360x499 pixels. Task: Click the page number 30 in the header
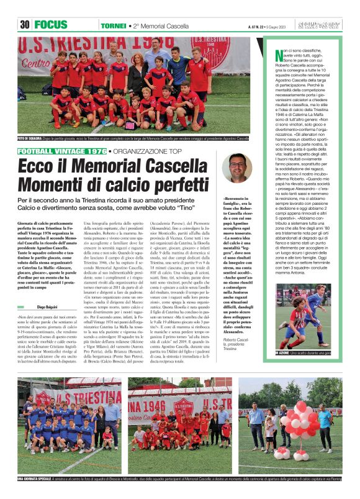[x=25, y=25]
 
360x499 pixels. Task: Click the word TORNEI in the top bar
[x=113, y=25]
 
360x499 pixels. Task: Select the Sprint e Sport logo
[x=325, y=25]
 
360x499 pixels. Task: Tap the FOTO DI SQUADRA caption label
[x=29, y=138]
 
